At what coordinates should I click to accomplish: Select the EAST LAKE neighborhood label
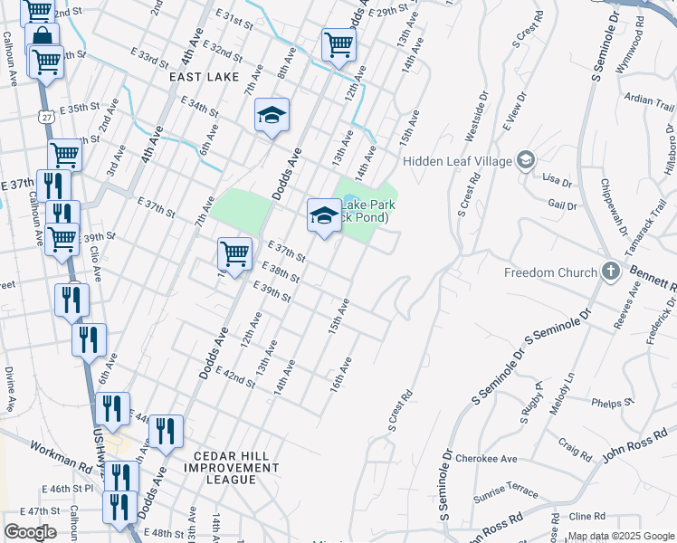coord(202,78)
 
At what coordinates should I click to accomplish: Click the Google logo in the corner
coord(30,531)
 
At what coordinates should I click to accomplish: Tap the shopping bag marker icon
coord(42,38)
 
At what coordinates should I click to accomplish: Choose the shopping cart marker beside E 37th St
coord(234,252)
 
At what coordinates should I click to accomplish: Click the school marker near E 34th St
coord(272,116)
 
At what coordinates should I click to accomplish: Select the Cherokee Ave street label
coord(486,459)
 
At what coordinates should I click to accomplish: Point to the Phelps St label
coord(607,403)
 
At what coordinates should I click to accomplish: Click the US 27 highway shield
coord(46,117)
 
